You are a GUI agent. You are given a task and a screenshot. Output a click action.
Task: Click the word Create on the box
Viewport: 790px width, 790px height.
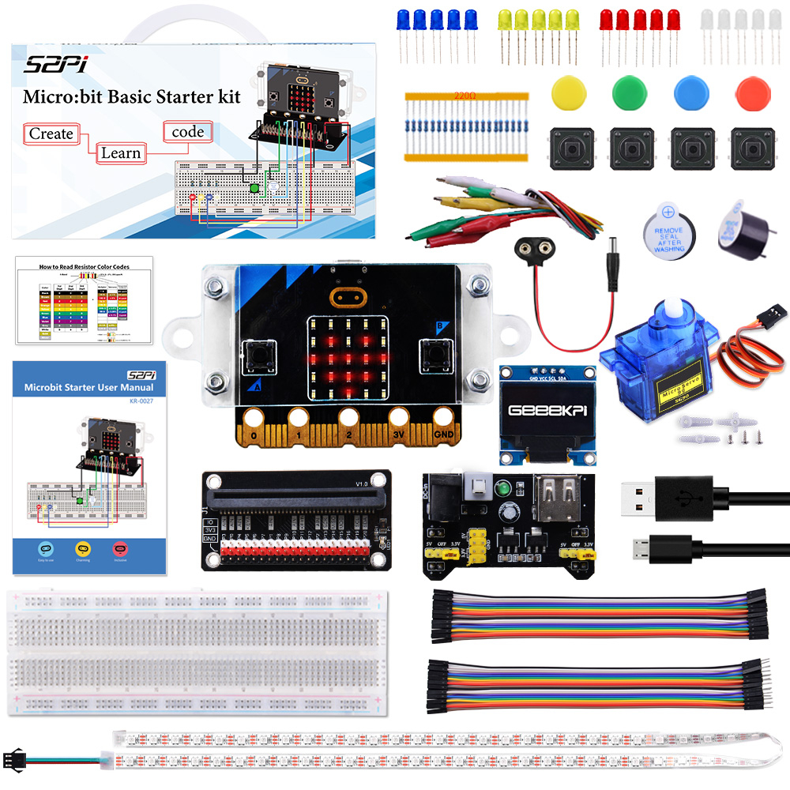pyautogui.click(x=51, y=134)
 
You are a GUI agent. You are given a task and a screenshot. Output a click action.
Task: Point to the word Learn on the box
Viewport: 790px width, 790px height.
pyautogui.click(x=120, y=152)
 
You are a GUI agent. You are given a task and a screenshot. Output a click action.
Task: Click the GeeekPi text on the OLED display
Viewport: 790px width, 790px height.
pyautogui.click(x=547, y=411)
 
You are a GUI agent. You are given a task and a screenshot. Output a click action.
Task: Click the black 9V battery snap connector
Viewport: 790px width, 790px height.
pyautogui.click(x=532, y=252)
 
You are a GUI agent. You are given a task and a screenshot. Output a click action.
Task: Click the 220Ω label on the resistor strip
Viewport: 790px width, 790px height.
pyautogui.click(x=465, y=96)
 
